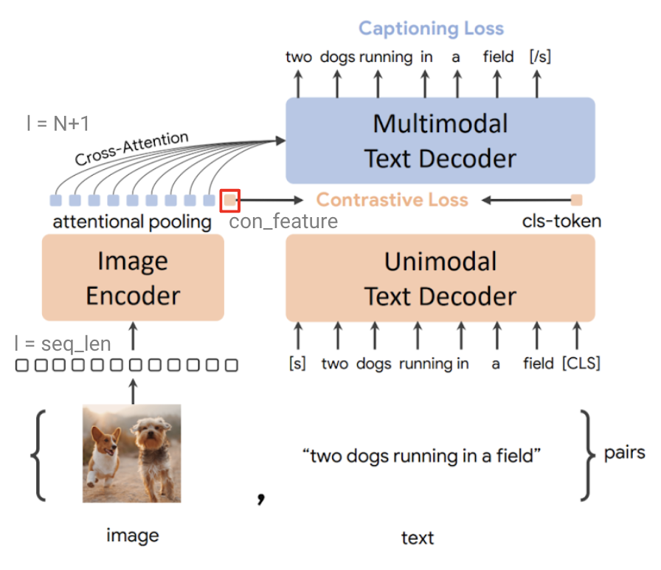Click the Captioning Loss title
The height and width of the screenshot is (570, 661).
(431, 29)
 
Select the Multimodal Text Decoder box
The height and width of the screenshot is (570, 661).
(440, 140)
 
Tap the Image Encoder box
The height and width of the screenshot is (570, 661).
(133, 278)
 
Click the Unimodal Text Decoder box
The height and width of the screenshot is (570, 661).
(440, 278)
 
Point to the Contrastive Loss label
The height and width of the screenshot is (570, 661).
(392, 199)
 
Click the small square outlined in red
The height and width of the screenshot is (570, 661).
(230, 199)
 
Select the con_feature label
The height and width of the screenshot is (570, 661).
(283, 221)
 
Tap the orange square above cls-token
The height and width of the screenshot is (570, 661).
(577, 199)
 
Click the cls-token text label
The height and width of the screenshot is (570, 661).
(561, 221)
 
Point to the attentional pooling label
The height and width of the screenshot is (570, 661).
(132, 222)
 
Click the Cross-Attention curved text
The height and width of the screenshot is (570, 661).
(131, 148)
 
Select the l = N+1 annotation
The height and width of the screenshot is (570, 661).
(58, 123)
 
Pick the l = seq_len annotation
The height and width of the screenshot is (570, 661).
(62, 343)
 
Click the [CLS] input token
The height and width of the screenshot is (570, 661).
(581, 363)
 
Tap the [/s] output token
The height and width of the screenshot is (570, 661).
(540, 58)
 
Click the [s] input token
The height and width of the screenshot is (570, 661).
(298, 363)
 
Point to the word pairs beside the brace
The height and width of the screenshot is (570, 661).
(624, 452)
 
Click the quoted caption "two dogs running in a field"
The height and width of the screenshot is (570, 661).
(422, 456)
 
